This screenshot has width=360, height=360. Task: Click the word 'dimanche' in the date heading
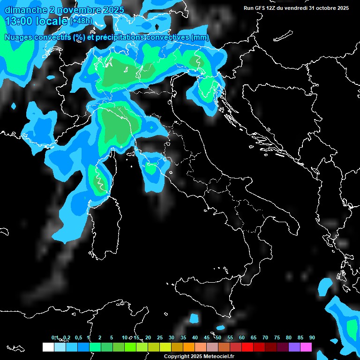pyautogui.click(x=26, y=10)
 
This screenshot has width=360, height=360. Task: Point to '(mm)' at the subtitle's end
pyautogui.click(x=201, y=37)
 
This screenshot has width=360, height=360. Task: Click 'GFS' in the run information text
pyautogui.click(x=262, y=8)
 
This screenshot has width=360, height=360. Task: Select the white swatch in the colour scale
pyautogui.click(x=48, y=347)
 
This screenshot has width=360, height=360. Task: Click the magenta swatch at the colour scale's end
pyautogui.click(x=306, y=347)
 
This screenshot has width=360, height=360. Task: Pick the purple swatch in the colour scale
pyautogui.click(x=294, y=347)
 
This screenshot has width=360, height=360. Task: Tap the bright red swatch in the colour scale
pyautogui.click(x=247, y=347)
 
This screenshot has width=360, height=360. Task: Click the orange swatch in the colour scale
pyautogui.click(x=188, y=347)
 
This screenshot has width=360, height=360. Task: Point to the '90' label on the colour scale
pyautogui.click(x=312, y=337)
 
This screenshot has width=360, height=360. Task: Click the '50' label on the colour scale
pyautogui.click(x=218, y=337)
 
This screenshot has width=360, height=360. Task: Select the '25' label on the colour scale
pyautogui.click(x=160, y=337)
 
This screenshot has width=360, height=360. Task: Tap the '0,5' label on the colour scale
pyautogui.click(x=78, y=337)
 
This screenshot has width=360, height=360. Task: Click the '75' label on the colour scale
pyautogui.click(x=277, y=337)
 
